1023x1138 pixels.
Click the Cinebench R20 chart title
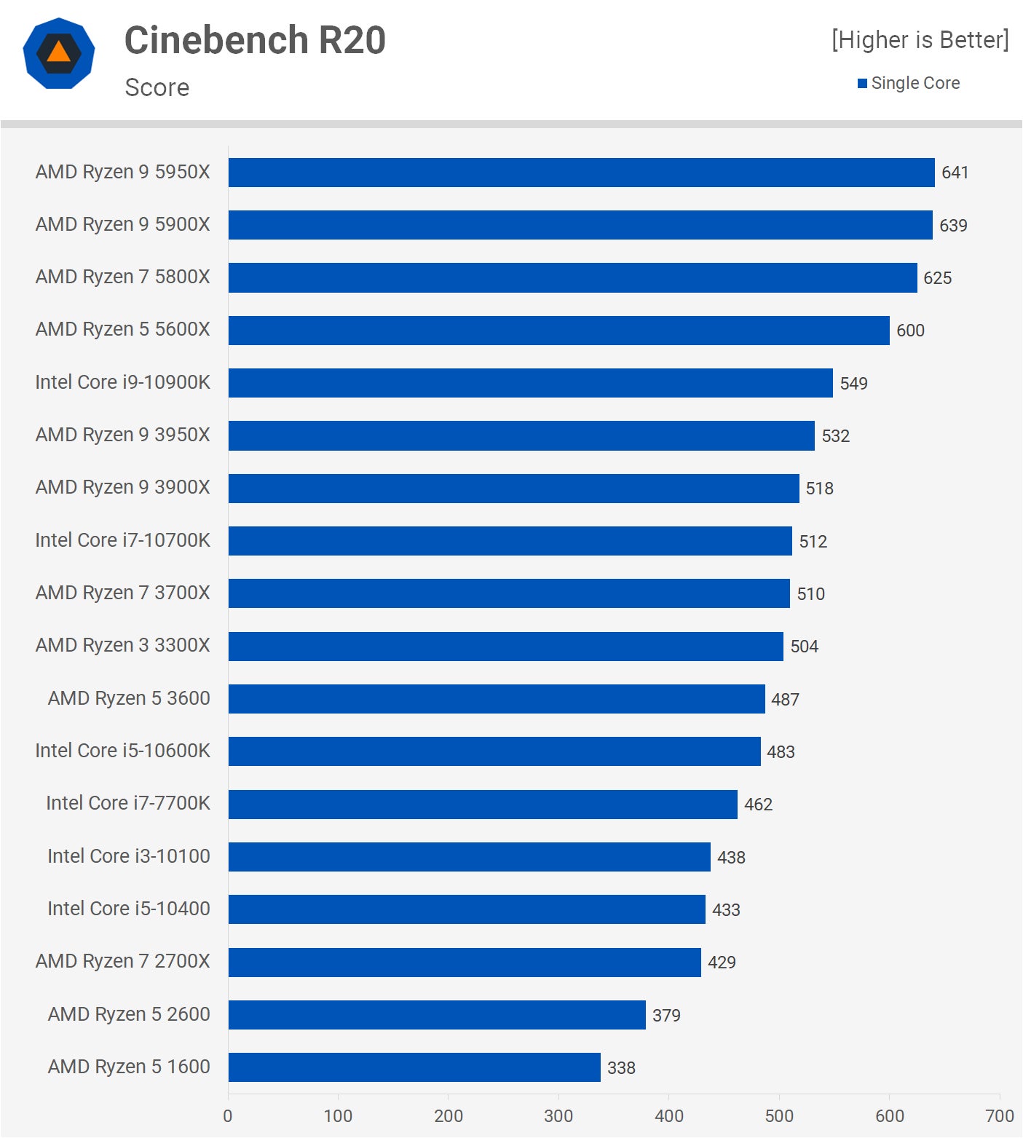click(x=255, y=40)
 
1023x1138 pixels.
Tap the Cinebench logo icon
click(x=59, y=53)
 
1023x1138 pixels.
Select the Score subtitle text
click(x=157, y=87)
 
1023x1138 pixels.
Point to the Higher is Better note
click(x=920, y=40)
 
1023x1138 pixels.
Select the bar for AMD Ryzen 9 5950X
click(x=581, y=173)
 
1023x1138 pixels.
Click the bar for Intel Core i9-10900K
click(x=530, y=383)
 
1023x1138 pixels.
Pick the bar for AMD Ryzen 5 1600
click(x=414, y=1067)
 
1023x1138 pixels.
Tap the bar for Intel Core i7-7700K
click(x=483, y=805)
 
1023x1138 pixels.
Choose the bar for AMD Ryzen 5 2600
click(x=437, y=1015)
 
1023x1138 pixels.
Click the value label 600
click(x=910, y=331)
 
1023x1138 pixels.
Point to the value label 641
click(x=955, y=173)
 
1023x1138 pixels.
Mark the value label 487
click(x=785, y=700)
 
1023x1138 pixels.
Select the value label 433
click(x=726, y=910)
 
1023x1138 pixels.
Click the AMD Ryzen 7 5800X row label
click(x=122, y=277)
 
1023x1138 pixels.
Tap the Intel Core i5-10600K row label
click(x=122, y=751)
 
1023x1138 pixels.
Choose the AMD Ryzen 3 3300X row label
click(x=122, y=646)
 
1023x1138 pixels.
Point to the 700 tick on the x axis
click(x=999, y=1116)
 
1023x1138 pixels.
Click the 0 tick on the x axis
click(x=228, y=1116)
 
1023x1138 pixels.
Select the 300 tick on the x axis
click(x=558, y=1116)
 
